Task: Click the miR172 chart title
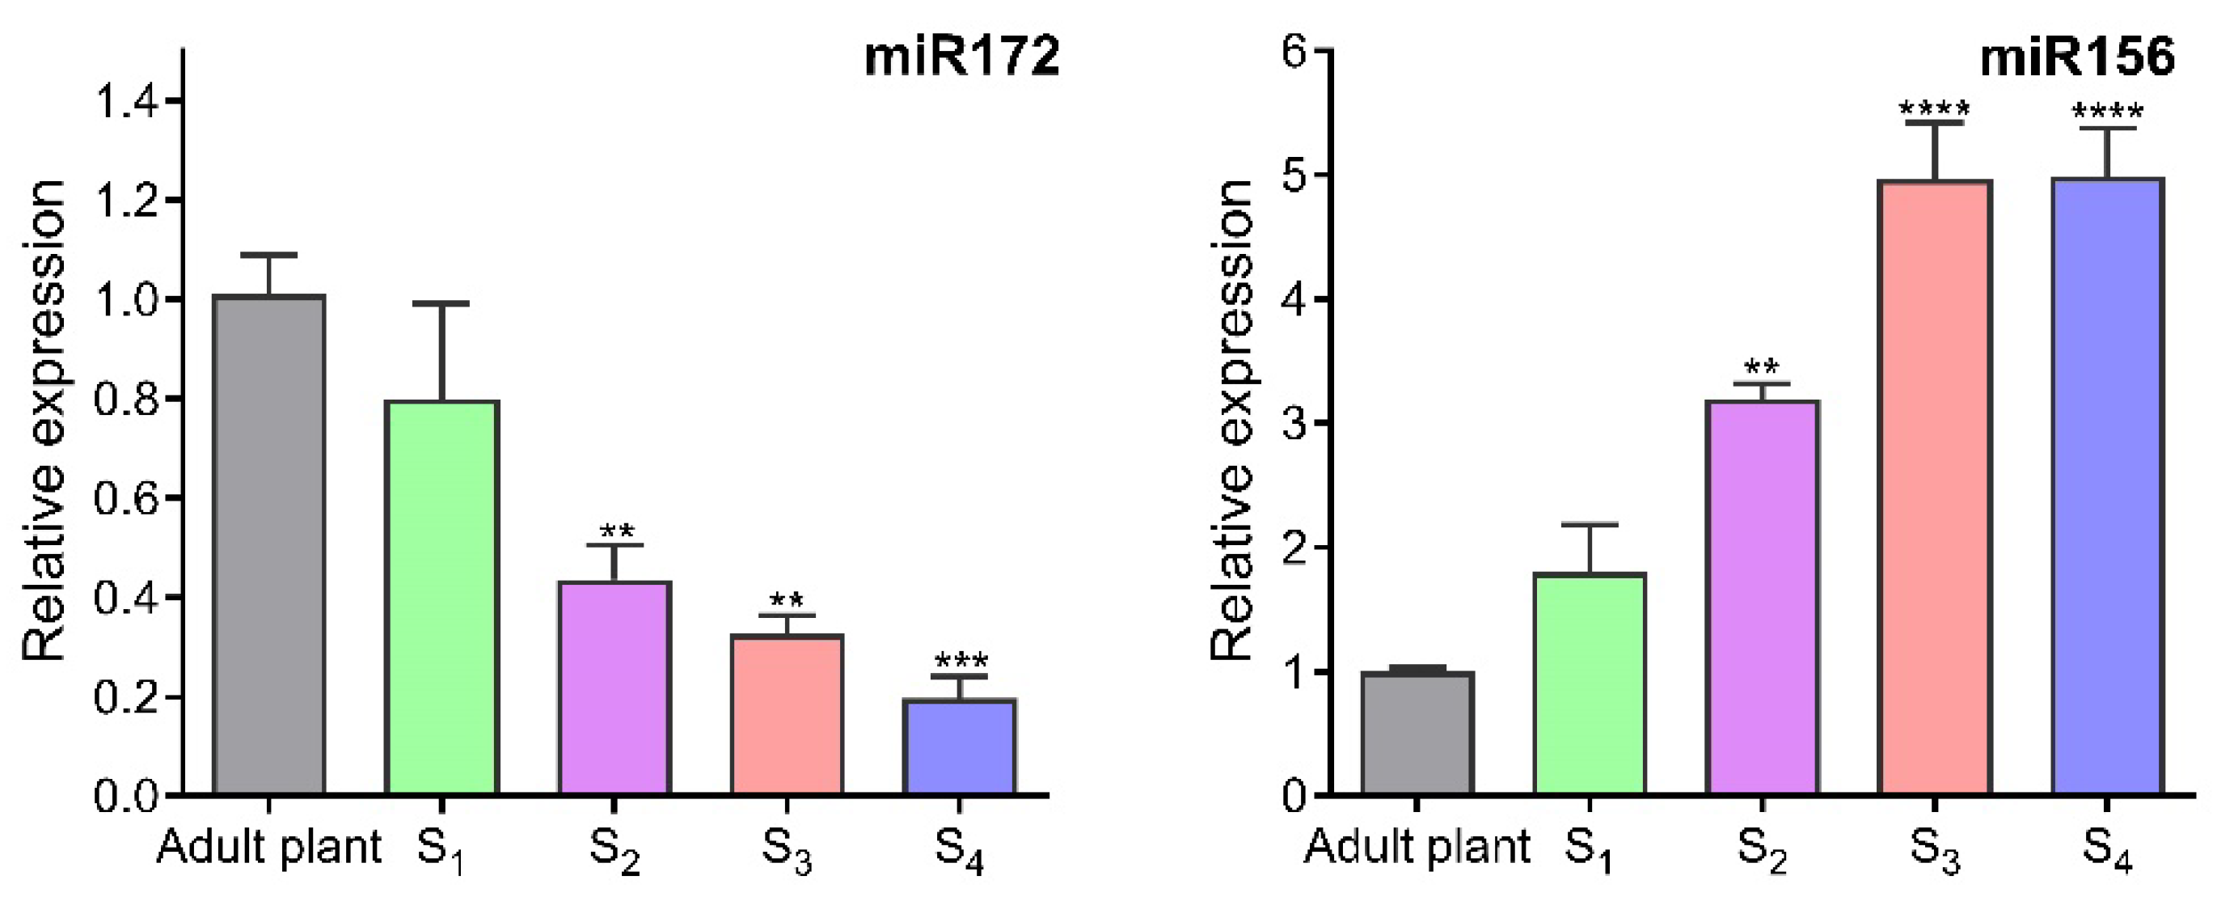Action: (x=961, y=57)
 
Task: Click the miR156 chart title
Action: (x=2076, y=57)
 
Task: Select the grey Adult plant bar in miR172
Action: (x=268, y=544)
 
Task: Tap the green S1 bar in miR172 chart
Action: (x=441, y=597)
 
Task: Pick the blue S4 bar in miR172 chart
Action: (x=960, y=747)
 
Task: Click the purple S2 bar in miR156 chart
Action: (x=1762, y=597)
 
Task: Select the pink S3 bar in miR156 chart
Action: (x=1934, y=486)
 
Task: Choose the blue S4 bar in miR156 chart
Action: (x=2107, y=486)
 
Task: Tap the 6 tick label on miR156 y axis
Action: (x=1294, y=52)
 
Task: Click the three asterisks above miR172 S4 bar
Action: (x=961, y=661)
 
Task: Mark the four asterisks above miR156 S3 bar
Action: (x=1934, y=109)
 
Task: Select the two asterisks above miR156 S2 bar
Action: (x=1762, y=367)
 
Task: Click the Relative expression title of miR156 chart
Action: (x=1231, y=422)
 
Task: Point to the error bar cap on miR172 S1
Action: (x=441, y=303)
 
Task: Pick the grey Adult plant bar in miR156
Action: (x=1417, y=733)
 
